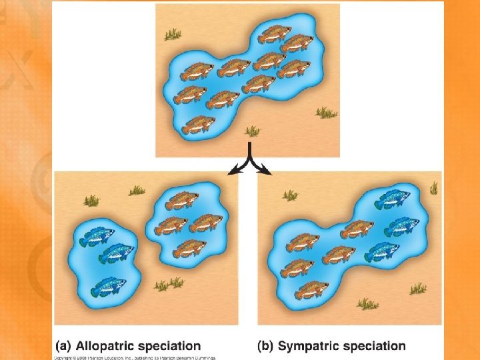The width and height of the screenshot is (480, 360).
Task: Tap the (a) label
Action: click(x=64, y=346)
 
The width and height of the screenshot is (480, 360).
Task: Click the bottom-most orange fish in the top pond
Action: click(x=199, y=124)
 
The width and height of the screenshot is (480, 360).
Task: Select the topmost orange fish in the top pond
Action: click(x=274, y=33)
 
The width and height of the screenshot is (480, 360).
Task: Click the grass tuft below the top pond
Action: click(x=253, y=131)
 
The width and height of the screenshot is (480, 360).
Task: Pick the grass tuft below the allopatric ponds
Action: click(x=167, y=285)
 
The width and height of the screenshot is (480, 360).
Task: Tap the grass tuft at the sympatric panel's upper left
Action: click(x=291, y=195)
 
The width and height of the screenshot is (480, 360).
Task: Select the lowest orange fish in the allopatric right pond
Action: click(x=190, y=247)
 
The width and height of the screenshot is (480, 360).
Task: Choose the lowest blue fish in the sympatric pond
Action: click(x=381, y=251)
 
